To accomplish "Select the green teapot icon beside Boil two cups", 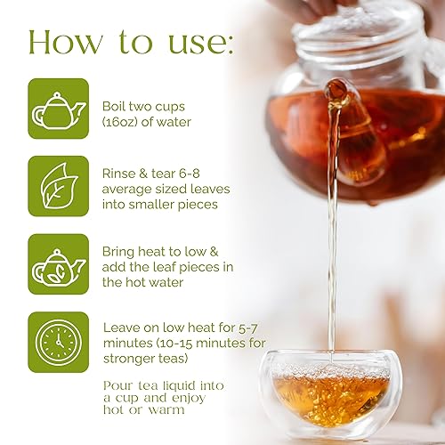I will [x=58, y=109].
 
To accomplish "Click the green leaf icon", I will [x=58, y=186].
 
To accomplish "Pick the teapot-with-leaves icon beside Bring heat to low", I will [x=58, y=264].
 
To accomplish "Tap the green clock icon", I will [x=58, y=341].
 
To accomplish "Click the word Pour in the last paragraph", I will [x=118, y=385].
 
